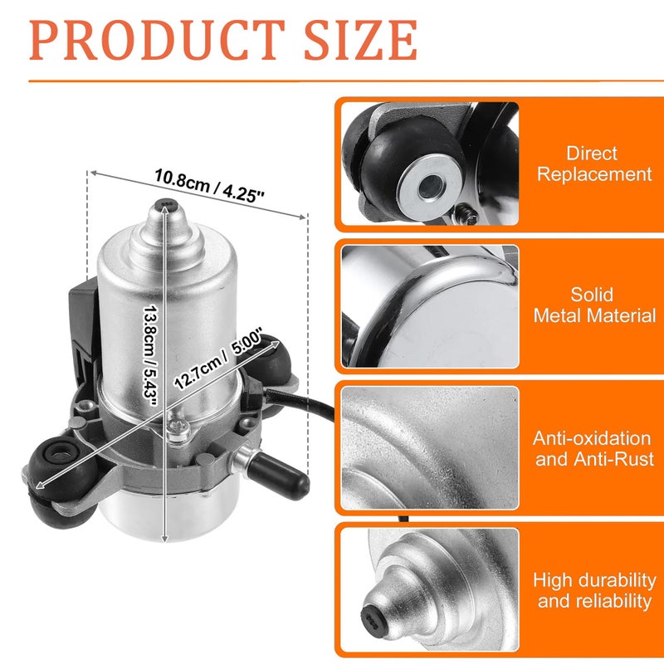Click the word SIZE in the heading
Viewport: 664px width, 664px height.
point(361,40)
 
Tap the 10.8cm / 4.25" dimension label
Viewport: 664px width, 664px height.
point(209,186)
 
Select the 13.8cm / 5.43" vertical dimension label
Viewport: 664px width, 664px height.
point(150,355)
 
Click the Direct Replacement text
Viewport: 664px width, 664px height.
point(594,164)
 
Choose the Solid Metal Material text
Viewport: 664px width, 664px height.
point(594,305)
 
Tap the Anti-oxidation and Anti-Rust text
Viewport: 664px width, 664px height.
point(593,448)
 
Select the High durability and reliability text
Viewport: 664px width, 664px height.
point(594,590)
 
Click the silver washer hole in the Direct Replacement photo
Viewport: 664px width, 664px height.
point(431,186)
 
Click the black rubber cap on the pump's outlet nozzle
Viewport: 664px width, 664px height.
point(278,476)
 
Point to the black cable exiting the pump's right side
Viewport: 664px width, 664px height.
point(300,403)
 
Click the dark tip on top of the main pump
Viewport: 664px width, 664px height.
point(165,204)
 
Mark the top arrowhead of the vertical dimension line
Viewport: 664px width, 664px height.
point(165,212)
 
